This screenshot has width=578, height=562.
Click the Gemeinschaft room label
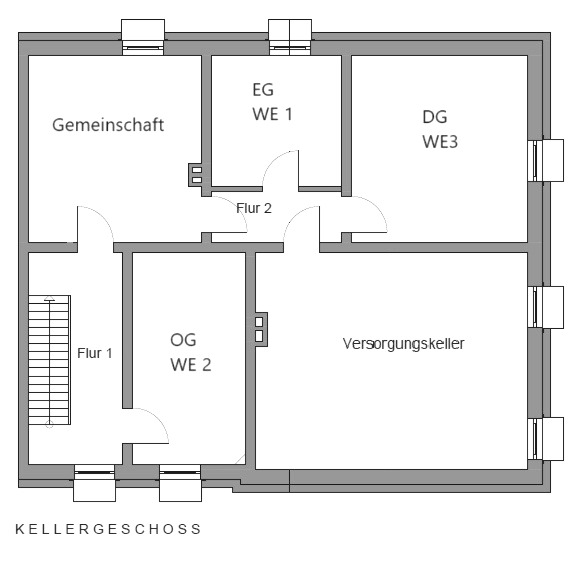[108, 125]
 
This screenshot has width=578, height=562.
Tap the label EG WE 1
[272, 102]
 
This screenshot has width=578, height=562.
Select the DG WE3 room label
[440, 129]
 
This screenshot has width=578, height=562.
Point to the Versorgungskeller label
[404, 344]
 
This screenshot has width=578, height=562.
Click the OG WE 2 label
[191, 352]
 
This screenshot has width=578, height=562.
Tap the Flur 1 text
[95, 353]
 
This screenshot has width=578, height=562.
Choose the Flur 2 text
[254, 208]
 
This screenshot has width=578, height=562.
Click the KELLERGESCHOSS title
[108, 529]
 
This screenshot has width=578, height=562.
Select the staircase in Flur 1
[49, 360]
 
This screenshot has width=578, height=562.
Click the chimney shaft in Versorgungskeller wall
[261, 329]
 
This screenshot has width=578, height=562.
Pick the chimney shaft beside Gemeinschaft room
[196, 175]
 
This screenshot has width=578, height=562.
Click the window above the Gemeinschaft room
[143, 38]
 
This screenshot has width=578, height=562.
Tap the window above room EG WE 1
[290, 38]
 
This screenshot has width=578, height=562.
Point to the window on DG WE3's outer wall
[546, 160]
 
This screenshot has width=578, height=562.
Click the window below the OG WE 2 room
[180, 483]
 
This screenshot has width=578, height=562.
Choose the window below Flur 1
[94, 483]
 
